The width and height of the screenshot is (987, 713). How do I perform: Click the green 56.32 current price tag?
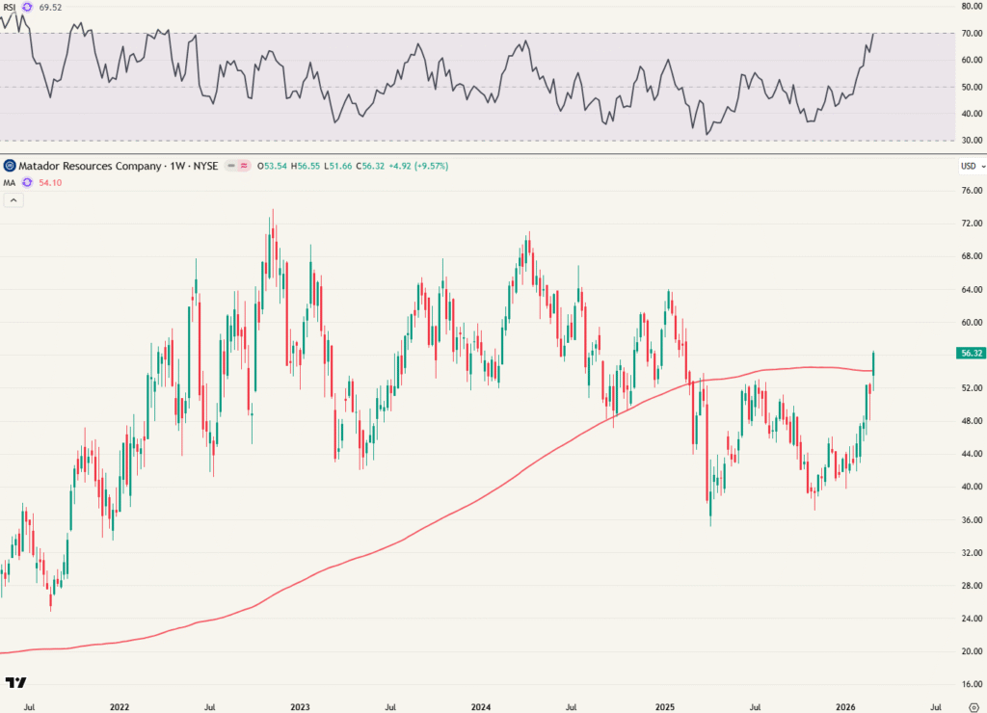[x=970, y=354]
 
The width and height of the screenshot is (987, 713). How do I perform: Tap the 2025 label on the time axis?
[x=664, y=706]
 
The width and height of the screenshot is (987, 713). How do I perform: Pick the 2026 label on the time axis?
[x=845, y=706]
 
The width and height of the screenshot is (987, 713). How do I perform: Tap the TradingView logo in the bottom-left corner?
[x=15, y=683]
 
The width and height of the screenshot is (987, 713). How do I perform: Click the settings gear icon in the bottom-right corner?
[x=973, y=706]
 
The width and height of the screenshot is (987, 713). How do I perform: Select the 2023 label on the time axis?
[x=301, y=706]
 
